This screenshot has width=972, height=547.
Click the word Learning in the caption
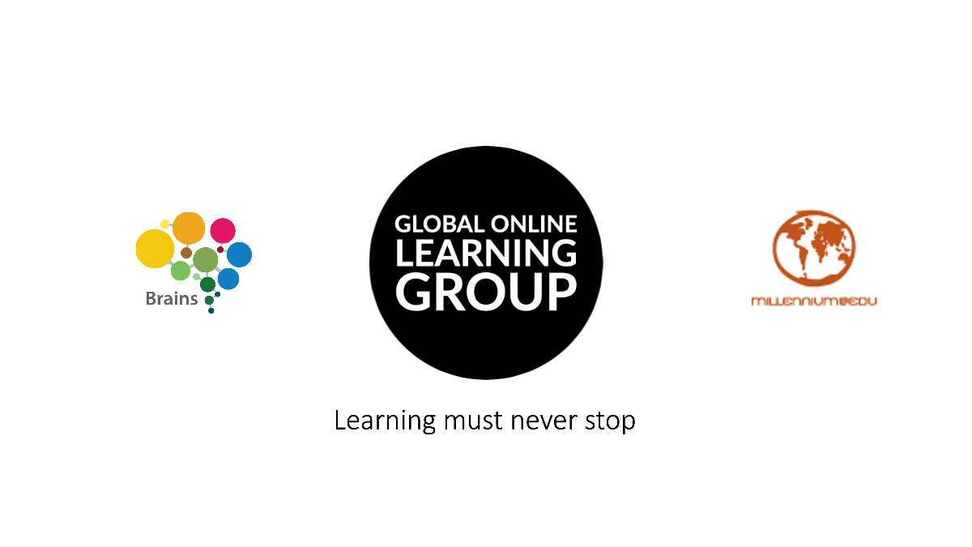pyautogui.click(x=386, y=421)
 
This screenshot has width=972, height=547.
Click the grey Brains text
pyautogui.click(x=172, y=299)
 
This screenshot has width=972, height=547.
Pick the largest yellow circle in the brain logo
pyautogui.click(x=154, y=249)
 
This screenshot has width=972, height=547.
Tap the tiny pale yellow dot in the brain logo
pyautogui.click(x=165, y=224)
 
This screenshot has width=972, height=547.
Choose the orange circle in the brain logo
pyautogui.click(x=189, y=228)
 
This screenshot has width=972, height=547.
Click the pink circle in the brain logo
pyautogui.click(x=223, y=230)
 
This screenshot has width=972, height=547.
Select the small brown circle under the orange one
pyautogui.click(x=186, y=253)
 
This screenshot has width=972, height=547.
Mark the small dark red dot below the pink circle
pyautogui.click(x=220, y=250)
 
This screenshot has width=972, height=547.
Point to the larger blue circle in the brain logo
pyautogui.click(x=239, y=254)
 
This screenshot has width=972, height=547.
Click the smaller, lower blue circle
pyautogui.click(x=228, y=279)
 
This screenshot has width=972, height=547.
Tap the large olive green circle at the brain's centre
pyautogui.click(x=206, y=260)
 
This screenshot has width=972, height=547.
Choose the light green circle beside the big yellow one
pyautogui.click(x=180, y=271)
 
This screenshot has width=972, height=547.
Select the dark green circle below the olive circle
pyautogui.click(x=207, y=284)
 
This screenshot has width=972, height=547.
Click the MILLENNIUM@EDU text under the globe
pyautogui.click(x=813, y=301)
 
